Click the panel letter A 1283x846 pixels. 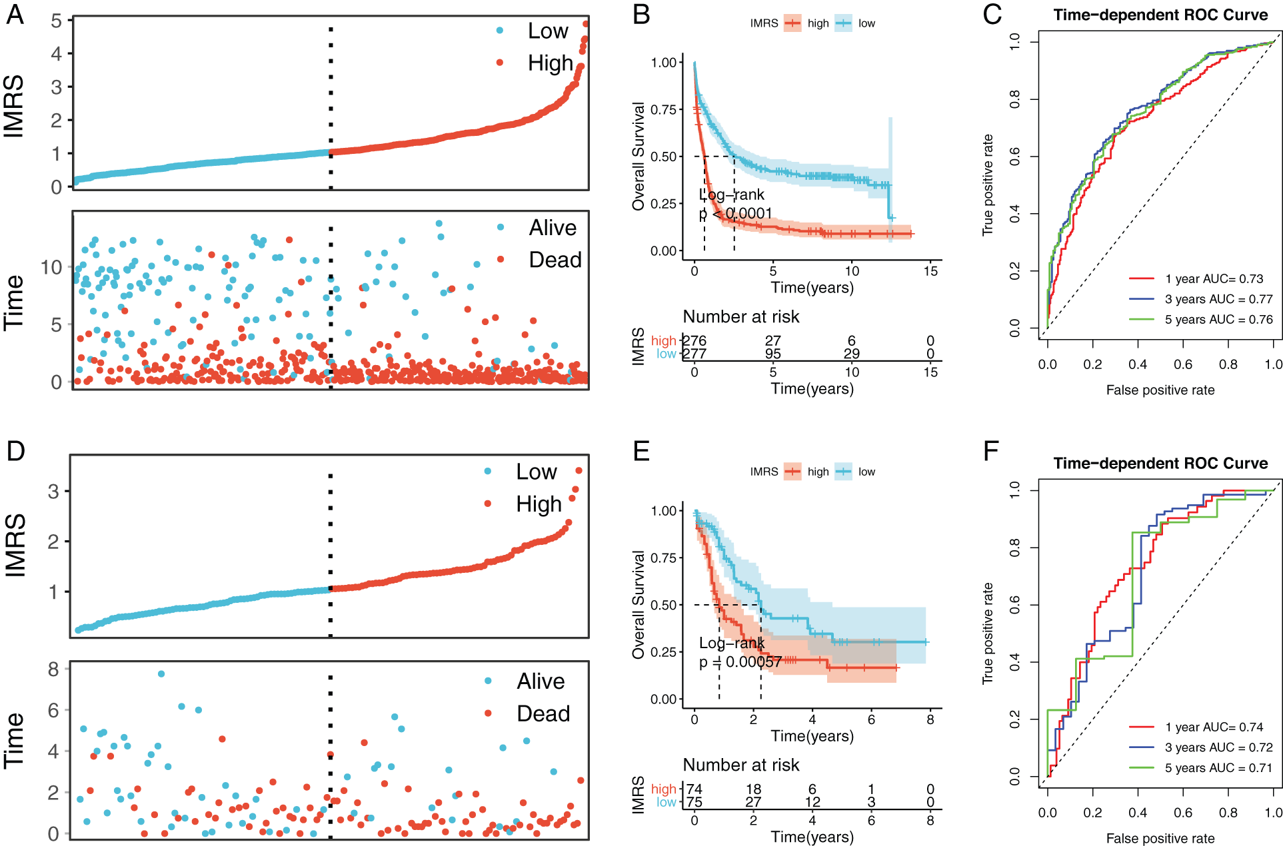pos(15,15)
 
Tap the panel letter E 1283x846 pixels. pos(641,452)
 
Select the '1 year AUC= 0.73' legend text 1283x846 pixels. pos(1214,279)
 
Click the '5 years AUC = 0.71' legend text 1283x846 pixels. pos(1218,768)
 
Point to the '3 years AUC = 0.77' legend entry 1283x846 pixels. pos(1218,300)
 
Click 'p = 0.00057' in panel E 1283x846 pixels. pos(740,662)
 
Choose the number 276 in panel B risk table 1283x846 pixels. pos(694,341)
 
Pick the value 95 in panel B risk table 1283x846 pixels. pos(773,354)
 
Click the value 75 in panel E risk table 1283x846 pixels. pos(694,802)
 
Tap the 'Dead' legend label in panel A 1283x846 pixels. pos(555,260)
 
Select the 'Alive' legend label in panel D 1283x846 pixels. pos(541,681)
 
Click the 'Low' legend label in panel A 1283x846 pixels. pos(548,31)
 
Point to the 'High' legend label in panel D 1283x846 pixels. pos(539,504)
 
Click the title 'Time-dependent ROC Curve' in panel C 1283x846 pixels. pos(1160,15)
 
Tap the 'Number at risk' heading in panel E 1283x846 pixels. pos(741,765)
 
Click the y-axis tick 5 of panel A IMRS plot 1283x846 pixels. pos(57,21)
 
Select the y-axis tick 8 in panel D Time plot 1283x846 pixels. pos(54,669)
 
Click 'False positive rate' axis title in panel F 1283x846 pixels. pos(1160,838)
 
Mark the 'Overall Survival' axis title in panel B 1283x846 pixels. pos(639,157)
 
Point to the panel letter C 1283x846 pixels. pos(992,15)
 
